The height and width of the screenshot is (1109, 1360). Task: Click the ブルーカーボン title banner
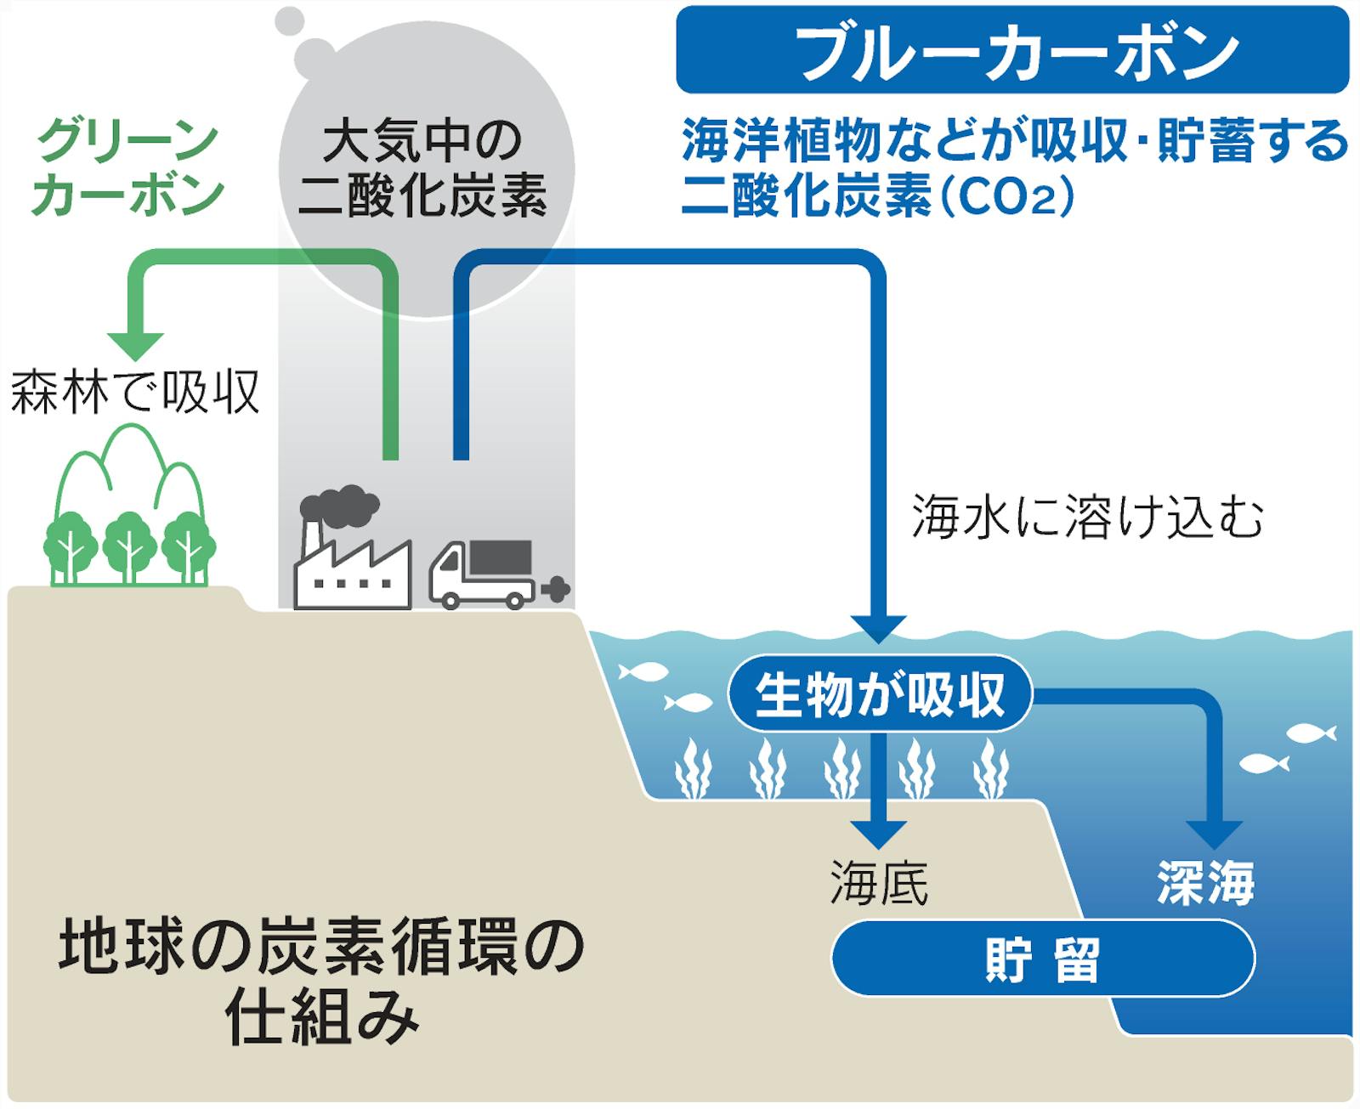pos(1011,49)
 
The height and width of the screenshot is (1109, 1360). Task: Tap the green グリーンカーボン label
pos(127,167)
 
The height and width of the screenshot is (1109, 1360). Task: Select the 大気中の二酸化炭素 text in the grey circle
pos(422,168)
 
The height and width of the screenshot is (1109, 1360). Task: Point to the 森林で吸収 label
pos(134,393)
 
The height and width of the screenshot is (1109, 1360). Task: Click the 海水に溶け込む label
pos(1087,516)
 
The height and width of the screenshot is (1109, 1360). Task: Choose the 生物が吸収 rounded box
pos(880,694)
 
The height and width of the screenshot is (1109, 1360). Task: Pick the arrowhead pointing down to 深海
pos(1214,833)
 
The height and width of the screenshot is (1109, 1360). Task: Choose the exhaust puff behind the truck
pos(555,588)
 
